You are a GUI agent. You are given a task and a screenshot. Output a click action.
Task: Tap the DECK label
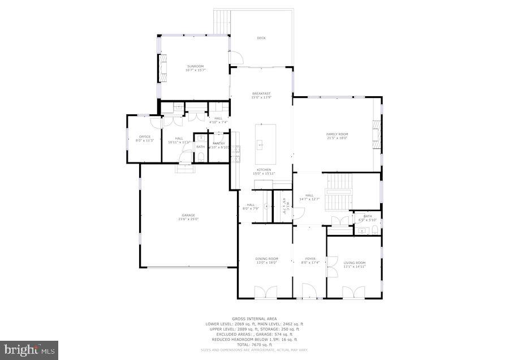pyautogui.click(x=261, y=38)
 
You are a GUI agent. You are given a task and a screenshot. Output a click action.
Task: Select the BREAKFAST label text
pyautogui.click(x=261, y=93)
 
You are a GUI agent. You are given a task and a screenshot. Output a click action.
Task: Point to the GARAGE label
pyautogui.click(x=188, y=215)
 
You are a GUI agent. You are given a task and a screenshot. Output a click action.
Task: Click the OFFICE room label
pyautogui.click(x=145, y=136)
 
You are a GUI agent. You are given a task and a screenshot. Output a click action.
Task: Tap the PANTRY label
pyautogui.click(x=218, y=143)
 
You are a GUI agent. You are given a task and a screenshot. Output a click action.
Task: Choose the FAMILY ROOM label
pyautogui.click(x=337, y=134)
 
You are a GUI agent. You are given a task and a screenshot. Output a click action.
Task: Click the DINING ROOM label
pyautogui.click(x=265, y=259)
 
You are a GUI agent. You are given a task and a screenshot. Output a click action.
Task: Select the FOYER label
pyautogui.click(x=310, y=259)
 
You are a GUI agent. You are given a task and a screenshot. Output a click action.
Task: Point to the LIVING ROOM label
pyautogui.click(x=355, y=263)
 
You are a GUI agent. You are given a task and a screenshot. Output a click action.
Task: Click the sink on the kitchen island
pyautogui.click(x=261, y=145)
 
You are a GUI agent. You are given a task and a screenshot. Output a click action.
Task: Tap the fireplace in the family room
pyautogui.click(x=377, y=134)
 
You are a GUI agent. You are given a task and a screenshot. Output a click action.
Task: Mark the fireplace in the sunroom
pyautogui.click(x=163, y=67)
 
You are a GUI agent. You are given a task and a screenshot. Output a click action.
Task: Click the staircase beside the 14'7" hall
pyautogui.click(x=339, y=184)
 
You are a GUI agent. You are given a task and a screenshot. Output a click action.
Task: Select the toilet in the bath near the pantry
pyautogui.click(x=201, y=157)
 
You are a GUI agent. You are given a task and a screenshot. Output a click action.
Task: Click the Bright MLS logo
pyautogui.click(x=29, y=349)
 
